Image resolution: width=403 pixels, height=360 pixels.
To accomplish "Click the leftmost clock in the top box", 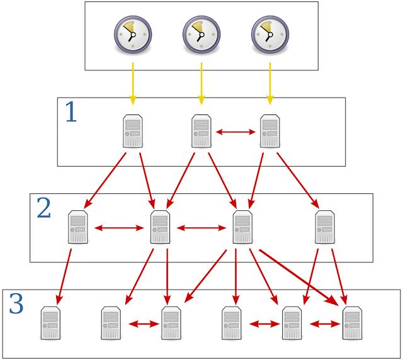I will tap(133, 33).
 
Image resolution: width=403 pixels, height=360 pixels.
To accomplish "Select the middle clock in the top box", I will tap(201, 33).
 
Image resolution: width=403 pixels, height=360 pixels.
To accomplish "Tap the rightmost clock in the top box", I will tap(270, 33).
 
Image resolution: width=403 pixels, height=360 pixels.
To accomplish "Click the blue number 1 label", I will tap(71, 113).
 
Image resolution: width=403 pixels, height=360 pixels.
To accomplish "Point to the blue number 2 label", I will tap(43, 208).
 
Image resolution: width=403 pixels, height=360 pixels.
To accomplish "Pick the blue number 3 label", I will tap(16, 304).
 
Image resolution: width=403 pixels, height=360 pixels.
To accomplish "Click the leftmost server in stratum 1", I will tap(133, 131).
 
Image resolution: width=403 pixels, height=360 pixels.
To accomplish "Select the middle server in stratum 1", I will tap(201, 131).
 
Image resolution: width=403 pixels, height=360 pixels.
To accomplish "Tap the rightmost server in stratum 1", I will tap(270, 131).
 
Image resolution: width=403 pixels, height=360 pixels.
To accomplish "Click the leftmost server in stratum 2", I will tap(78, 227).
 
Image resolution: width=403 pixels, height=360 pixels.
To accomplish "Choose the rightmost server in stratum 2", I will tap(325, 227).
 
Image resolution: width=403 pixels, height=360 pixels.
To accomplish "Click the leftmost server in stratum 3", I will tap(50, 323).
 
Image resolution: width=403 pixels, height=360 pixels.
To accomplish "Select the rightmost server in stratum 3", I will tap(352, 323).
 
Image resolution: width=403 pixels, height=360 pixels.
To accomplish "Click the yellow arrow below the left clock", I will tap(133, 83).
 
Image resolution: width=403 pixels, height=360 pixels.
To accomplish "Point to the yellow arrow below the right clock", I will tap(270, 83).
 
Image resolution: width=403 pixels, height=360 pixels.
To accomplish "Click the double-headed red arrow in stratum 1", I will tap(236, 132).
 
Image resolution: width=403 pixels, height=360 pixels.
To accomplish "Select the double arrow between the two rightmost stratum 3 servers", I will tap(324, 324).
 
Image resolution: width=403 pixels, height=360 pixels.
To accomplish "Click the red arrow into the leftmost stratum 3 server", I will tap(64, 276).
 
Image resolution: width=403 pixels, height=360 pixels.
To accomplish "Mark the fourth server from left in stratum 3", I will tap(232, 323).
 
